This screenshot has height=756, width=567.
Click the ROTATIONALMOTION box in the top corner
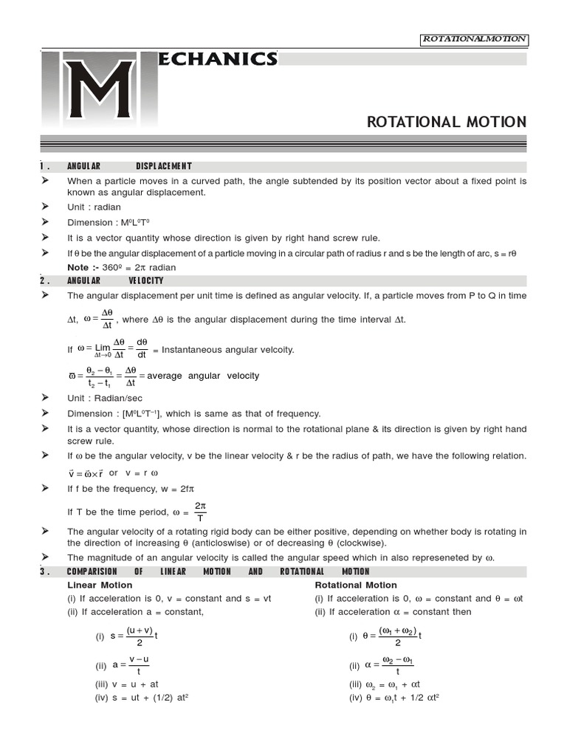pyautogui.click(x=473, y=39)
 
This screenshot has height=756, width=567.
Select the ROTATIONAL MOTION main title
pyautogui.click(x=446, y=122)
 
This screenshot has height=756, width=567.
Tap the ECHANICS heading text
pyautogui.click(x=218, y=59)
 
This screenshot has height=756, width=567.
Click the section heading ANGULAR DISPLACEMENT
pyautogui.click(x=129, y=167)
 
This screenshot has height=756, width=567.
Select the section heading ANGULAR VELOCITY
pyautogui.click(x=115, y=281)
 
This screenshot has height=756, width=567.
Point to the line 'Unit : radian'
pyautogui.click(x=94, y=207)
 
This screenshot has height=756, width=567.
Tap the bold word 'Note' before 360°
pyautogui.click(x=78, y=267)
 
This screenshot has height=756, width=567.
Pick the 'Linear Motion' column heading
pyautogui.click(x=100, y=585)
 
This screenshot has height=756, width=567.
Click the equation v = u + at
pyautogui.click(x=126, y=684)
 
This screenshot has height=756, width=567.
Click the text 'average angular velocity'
pyautogui.click(x=203, y=376)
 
